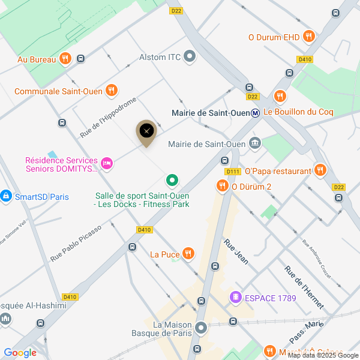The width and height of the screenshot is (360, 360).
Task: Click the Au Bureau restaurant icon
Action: point(65,59)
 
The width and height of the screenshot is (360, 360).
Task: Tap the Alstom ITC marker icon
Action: point(190,57)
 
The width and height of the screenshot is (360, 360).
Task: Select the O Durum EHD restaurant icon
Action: point(309,37)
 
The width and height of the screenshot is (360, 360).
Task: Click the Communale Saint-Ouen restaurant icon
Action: point(111,91)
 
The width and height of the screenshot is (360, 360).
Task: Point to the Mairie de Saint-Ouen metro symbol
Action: point(256,112)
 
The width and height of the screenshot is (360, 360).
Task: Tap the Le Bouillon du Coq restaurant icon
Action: point(280,96)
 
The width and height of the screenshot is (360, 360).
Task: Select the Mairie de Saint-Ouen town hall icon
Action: point(255,143)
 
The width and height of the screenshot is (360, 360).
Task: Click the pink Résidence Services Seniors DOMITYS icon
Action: point(107,163)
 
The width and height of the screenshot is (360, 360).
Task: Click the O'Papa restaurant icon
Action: point(320,170)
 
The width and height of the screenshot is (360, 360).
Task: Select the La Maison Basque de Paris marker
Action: point(201,329)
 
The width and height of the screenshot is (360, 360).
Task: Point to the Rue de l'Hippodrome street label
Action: point(109,116)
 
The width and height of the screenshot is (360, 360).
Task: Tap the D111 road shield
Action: point(233,172)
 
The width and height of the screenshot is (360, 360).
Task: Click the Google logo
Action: point(20,353)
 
